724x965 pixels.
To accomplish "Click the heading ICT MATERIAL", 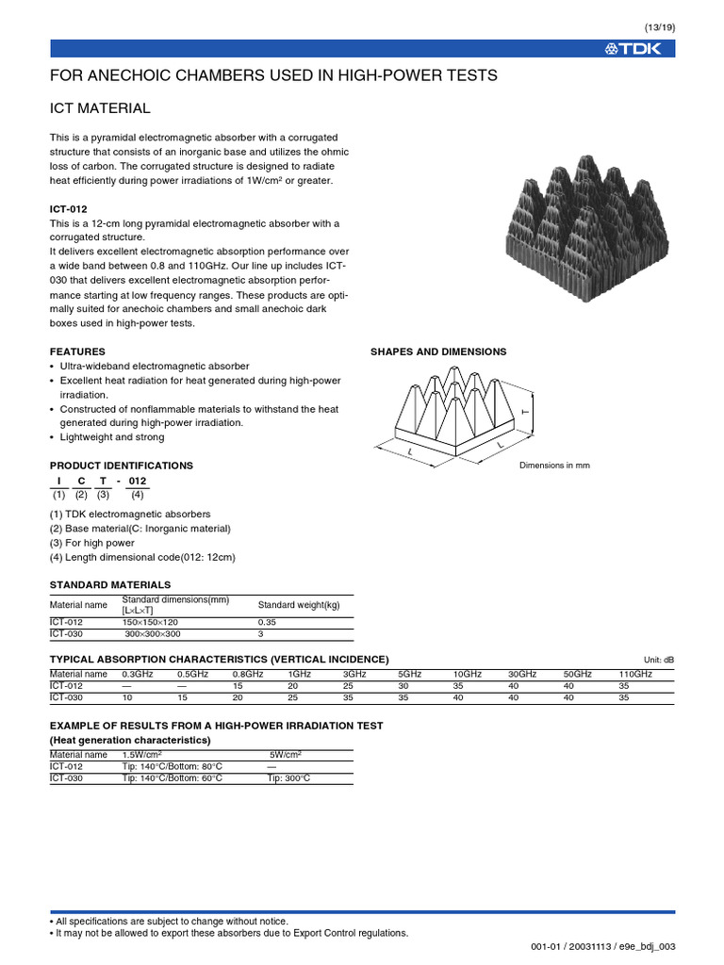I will [100, 109].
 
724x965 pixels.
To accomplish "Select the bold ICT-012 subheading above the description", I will [69, 208].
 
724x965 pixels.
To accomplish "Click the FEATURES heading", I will [77, 352].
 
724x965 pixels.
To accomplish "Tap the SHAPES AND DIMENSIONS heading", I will [438, 352].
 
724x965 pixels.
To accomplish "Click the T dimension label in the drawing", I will [525, 413].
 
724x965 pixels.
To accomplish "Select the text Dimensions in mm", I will [554, 466].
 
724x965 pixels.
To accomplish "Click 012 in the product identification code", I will [138, 481].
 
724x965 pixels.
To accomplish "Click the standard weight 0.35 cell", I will [269, 622].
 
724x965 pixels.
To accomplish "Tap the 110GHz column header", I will [635, 674].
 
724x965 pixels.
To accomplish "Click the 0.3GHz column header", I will [138, 674].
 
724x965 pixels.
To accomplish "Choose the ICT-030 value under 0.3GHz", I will [128, 697].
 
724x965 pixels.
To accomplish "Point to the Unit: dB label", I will [659, 660].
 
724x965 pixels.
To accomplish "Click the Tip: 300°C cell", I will [288, 778].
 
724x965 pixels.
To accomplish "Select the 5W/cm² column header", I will [286, 754].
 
